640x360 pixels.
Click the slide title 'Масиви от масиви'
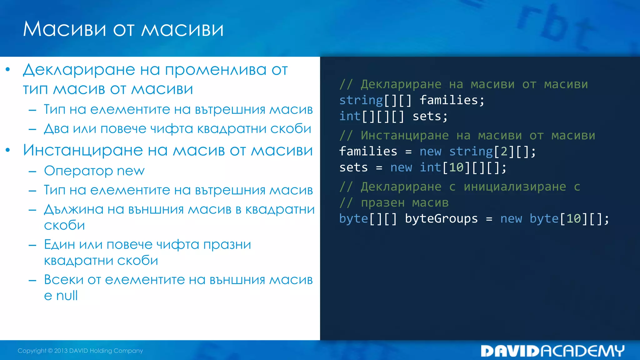(123, 29)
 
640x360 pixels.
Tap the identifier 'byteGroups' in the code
(441, 219)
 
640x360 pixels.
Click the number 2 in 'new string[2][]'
(504, 152)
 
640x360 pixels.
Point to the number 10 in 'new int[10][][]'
(456, 168)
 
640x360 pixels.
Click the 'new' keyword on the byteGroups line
(511, 219)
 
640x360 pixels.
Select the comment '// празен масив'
(394, 203)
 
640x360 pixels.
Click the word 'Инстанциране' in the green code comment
(404, 136)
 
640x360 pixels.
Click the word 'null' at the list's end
(67, 296)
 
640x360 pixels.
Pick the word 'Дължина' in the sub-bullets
(73, 209)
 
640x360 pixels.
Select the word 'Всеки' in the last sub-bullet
(63, 280)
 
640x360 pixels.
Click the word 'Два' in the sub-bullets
(56, 129)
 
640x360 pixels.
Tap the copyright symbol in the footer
(50, 351)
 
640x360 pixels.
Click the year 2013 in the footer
(61, 351)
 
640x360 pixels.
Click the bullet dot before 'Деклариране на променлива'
(8, 69)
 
